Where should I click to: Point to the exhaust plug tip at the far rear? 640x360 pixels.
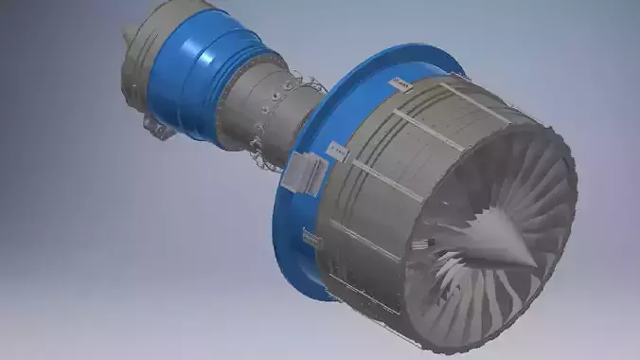(x=127, y=35)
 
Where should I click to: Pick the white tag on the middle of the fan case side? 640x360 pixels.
(x=337, y=150)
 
